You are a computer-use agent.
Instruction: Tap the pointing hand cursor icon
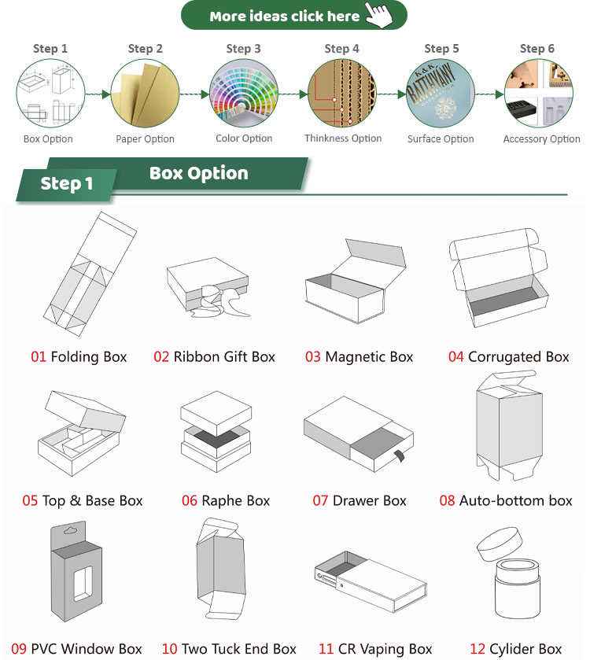pos(380,14)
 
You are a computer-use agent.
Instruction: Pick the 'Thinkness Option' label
pos(343,138)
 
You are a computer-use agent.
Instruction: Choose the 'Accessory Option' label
pos(541,139)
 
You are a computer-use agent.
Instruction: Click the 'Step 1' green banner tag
pos(67,184)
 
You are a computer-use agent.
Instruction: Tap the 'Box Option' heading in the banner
pos(198,174)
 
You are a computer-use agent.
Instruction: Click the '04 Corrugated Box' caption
pos(509,357)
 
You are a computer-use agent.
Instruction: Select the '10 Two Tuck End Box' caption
pos(229,649)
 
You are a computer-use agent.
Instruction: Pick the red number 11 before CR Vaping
pos(326,649)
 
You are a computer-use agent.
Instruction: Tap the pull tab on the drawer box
pos(400,455)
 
